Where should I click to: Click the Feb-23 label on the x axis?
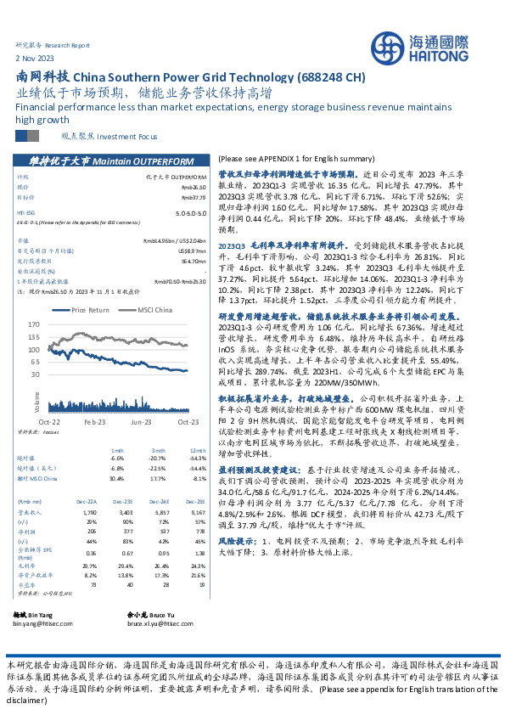94,420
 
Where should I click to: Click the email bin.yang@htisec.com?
43,622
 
